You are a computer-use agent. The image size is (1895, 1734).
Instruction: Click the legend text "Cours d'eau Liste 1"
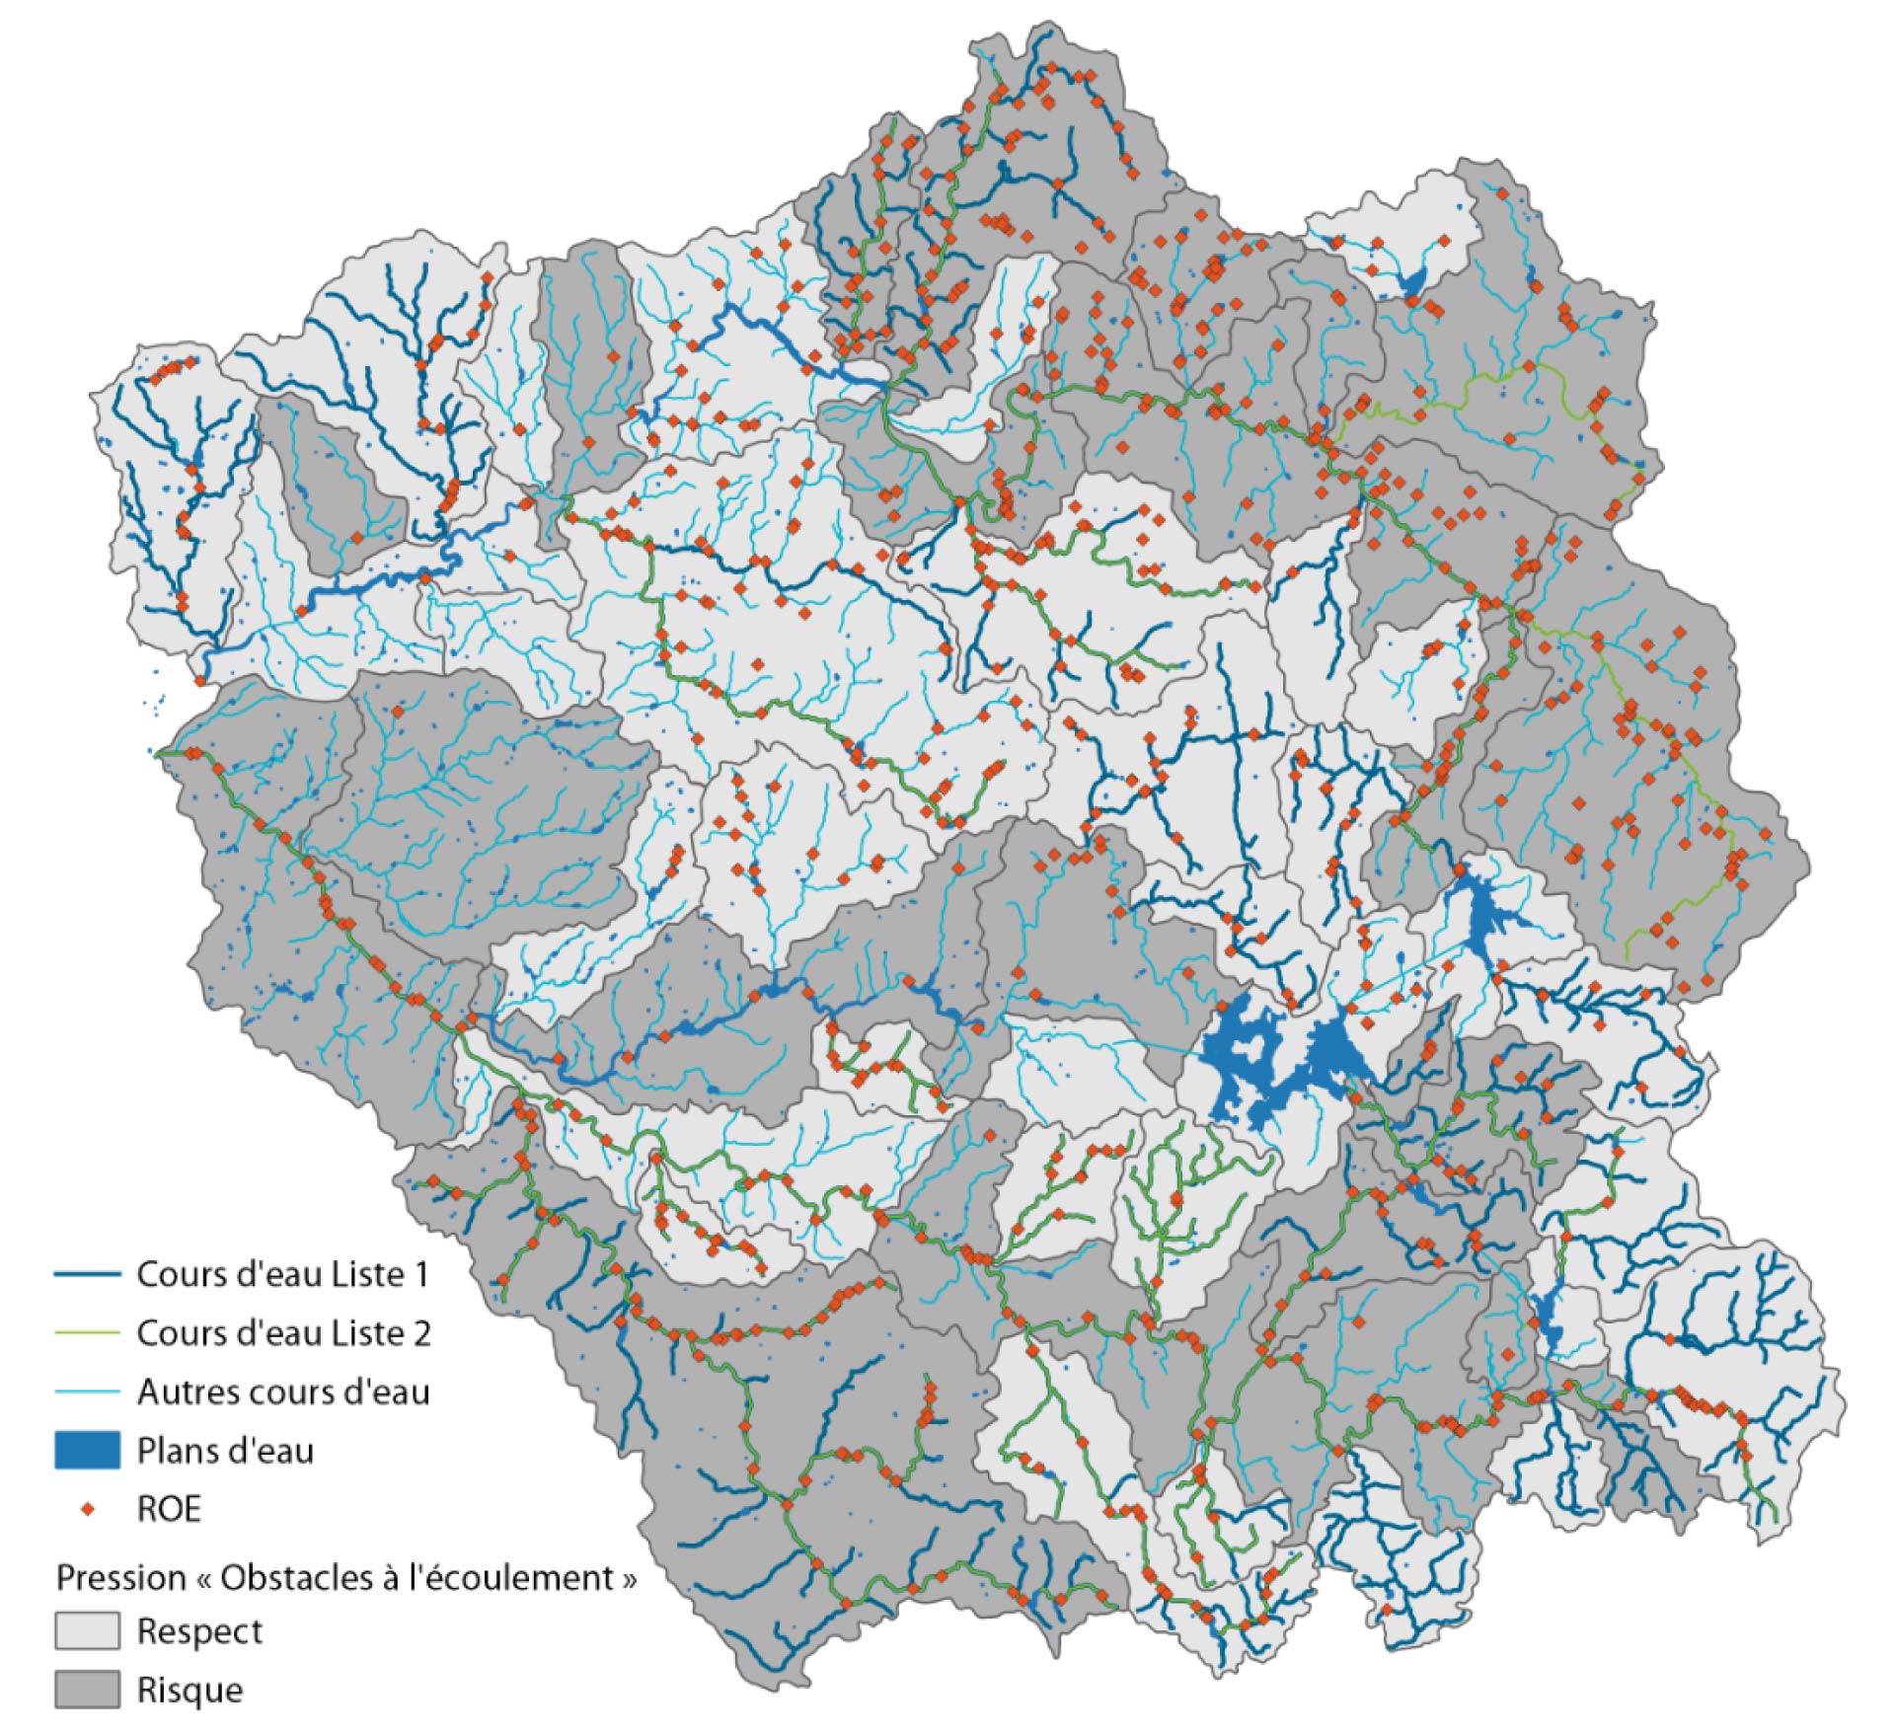click(282, 1274)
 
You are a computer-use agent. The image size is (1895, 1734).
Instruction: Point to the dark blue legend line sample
click(87, 1275)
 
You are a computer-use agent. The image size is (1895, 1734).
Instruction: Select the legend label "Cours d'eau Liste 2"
click(283, 1333)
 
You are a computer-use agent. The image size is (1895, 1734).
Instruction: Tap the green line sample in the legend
click(87, 1334)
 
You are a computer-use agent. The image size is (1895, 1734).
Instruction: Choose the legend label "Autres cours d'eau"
click(283, 1392)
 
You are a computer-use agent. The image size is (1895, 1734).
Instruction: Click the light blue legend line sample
click(87, 1393)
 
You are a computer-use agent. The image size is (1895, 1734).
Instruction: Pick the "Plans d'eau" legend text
click(225, 1451)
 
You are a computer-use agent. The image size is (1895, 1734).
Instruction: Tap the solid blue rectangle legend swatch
click(87, 1451)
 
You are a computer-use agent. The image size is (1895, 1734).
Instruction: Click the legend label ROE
click(169, 1509)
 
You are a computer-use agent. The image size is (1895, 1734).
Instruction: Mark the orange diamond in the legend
click(88, 1509)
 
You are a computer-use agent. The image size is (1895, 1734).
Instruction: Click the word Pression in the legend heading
click(120, 1577)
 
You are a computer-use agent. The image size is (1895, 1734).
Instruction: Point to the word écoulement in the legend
click(534, 1577)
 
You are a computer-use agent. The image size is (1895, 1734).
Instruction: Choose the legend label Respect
click(199, 1631)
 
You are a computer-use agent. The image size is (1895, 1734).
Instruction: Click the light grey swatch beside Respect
click(87, 1631)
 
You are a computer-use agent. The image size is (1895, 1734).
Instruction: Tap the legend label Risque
click(189, 1690)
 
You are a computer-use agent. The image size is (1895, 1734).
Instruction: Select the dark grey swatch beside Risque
click(87, 1690)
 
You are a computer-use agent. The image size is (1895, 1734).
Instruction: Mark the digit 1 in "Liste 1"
click(421, 1274)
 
